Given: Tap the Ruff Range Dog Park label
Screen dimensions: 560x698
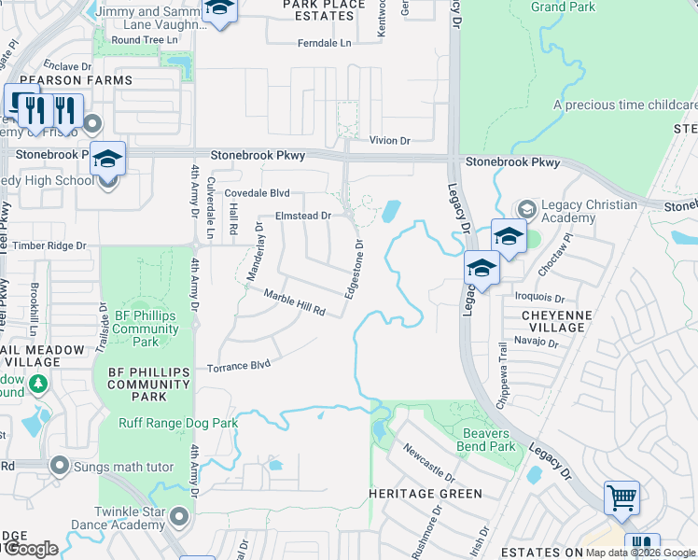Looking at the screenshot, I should pyautogui.click(x=178, y=423).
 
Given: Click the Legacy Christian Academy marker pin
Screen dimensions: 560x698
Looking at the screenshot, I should pyautogui.click(x=526, y=207).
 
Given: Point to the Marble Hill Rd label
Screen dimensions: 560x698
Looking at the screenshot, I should pyautogui.click(x=294, y=302).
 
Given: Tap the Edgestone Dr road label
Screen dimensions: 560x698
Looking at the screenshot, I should pyautogui.click(x=353, y=269).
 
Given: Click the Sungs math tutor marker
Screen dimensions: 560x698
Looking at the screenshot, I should pyautogui.click(x=61, y=465).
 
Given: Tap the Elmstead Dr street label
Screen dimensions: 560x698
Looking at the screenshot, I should pyautogui.click(x=303, y=216).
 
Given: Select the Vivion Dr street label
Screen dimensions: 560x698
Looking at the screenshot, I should pyautogui.click(x=389, y=140).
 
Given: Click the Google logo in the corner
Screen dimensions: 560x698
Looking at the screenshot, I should pyautogui.click(x=32, y=549).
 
